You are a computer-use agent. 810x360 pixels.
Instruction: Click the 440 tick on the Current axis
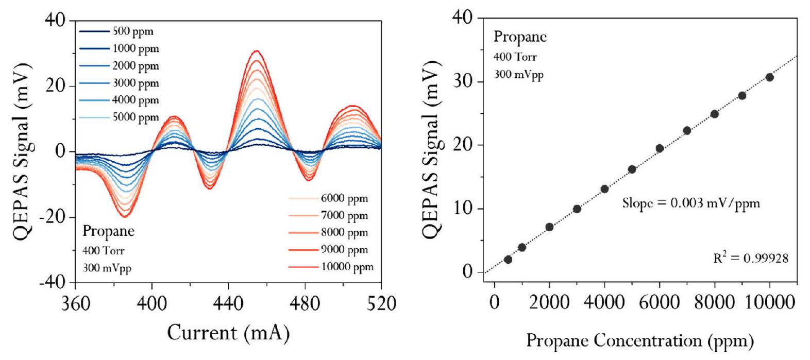click(x=228, y=304)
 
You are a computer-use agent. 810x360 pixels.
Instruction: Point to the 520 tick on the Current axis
click(x=381, y=304)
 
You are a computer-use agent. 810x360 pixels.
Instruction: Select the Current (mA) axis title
click(x=228, y=333)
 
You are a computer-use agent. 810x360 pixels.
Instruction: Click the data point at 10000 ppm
click(x=769, y=77)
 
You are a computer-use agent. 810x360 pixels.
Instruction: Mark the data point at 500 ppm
click(x=508, y=260)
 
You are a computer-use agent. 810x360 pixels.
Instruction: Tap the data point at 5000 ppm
click(x=632, y=169)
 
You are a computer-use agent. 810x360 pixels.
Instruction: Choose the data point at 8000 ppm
click(x=714, y=114)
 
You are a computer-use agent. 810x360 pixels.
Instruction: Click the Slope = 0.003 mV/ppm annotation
click(x=690, y=203)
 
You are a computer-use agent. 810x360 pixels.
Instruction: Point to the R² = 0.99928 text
click(x=750, y=259)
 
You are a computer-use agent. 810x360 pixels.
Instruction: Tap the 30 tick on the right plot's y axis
click(x=463, y=82)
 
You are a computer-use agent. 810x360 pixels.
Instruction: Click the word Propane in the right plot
click(x=520, y=37)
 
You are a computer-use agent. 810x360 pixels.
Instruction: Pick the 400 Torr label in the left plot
click(x=104, y=251)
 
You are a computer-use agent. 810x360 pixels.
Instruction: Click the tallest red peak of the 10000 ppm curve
click(x=256, y=50)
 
